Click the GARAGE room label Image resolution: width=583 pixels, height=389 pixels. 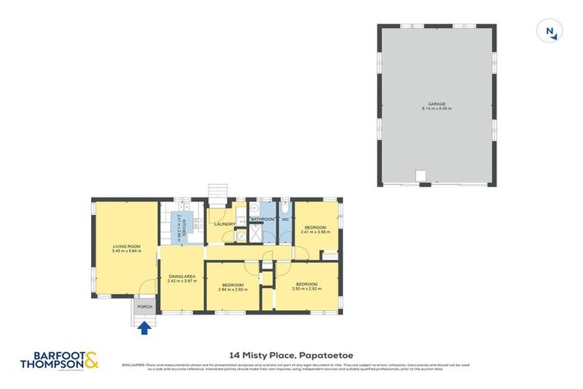[436, 104]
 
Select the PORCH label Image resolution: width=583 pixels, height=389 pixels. [144, 306]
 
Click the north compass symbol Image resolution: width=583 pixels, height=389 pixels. [550, 31]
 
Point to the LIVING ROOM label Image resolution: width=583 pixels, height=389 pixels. [124, 245]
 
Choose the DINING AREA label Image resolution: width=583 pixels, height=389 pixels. [181, 276]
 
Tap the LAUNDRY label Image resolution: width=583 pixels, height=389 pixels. [224, 224]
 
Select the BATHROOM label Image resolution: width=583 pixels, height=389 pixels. [262, 220]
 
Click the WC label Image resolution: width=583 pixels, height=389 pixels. [285, 220]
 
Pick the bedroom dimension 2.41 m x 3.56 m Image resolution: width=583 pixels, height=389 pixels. [316, 232]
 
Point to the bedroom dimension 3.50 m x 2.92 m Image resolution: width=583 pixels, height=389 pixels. [306, 289]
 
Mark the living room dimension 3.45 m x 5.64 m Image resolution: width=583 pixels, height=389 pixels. [124, 251]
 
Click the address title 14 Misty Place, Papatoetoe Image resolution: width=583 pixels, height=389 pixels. [291, 354]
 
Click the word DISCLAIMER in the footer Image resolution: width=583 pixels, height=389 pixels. [134, 365]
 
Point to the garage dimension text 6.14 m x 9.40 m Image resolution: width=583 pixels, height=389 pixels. [436, 109]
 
